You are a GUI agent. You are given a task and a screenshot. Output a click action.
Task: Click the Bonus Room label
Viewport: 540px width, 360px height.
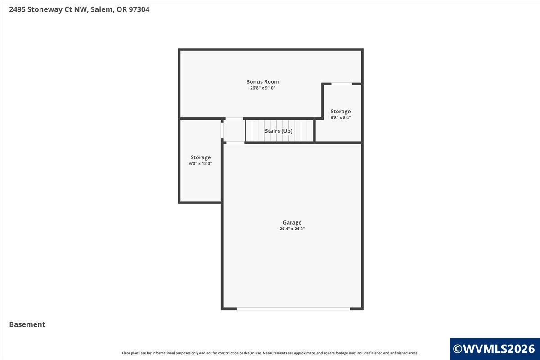point(262,82)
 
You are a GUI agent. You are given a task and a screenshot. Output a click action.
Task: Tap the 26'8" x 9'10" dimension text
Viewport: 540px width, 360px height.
point(262,88)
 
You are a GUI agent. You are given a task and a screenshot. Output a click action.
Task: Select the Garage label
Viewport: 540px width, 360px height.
point(292,223)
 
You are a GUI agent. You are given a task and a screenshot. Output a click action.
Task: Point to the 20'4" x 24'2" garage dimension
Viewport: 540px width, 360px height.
point(292,229)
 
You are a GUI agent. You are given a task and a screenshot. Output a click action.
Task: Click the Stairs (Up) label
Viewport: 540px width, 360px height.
point(279,131)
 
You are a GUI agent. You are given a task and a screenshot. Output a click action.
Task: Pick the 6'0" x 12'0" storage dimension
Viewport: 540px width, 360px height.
point(201,164)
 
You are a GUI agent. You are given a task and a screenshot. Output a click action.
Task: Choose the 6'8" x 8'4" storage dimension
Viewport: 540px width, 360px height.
point(340,117)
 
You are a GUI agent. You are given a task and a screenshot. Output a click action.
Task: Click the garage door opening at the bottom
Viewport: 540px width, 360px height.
point(293,309)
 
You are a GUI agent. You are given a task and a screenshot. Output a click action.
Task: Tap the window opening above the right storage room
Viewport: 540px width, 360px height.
point(342,84)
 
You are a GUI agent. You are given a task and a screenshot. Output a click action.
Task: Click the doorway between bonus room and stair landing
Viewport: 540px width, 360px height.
point(234,119)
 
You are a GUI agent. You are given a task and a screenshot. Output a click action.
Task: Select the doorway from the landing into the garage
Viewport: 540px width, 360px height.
point(235,143)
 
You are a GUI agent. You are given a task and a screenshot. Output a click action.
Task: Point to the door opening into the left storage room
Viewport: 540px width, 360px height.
point(222,130)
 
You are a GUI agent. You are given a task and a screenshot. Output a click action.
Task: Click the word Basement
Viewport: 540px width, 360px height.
point(27,324)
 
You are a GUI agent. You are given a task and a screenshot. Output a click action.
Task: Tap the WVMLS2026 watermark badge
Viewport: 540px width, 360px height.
point(495,349)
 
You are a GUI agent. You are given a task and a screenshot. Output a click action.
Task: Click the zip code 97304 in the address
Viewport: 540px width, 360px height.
point(139,9)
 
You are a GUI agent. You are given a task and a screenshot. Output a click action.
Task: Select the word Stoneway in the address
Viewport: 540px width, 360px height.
point(45,9)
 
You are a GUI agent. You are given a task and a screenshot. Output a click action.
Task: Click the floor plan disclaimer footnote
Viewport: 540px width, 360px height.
point(270,353)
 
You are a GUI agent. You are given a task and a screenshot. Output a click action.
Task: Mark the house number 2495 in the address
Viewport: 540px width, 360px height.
point(17,9)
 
